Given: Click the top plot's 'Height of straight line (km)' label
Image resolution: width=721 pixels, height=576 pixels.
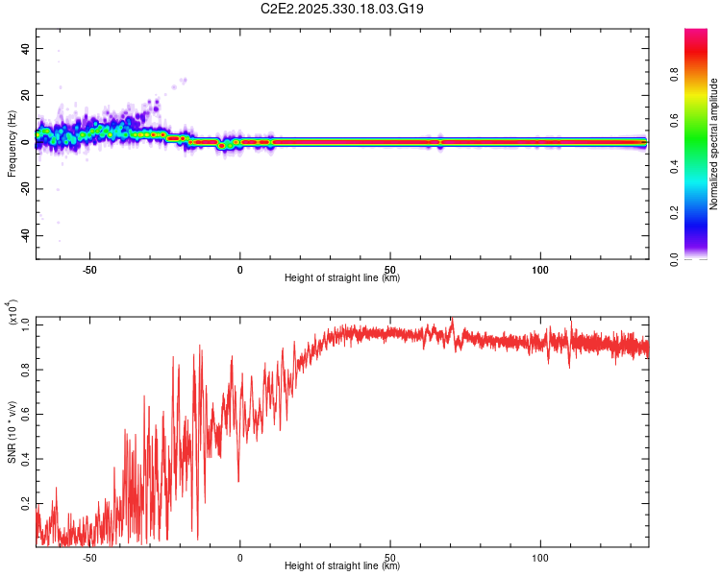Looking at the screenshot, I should click(342, 278).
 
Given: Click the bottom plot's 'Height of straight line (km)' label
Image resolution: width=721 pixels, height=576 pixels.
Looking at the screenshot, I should click(342, 566).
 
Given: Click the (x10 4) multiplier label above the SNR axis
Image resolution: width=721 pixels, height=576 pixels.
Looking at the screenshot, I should click(12, 313).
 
